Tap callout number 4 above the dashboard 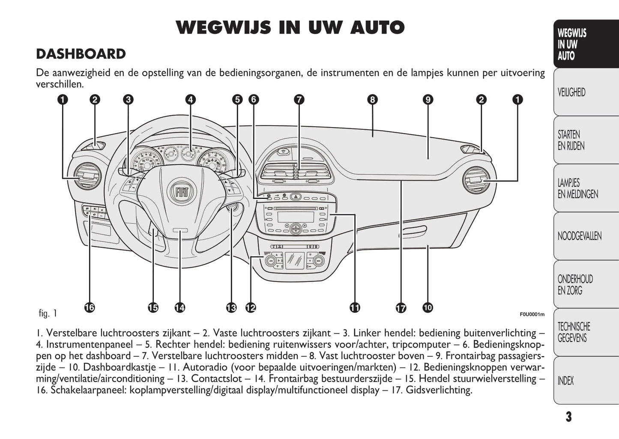click(190, 100)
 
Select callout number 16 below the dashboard click(89, 307)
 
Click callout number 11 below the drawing click(355, 307)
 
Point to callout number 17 click(401, 308)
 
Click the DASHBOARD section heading click(81, 54)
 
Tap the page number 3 click(568, 417)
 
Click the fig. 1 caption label click(48, 313)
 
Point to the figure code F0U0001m click(532, 314)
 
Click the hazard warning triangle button click(296, 197)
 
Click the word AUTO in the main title click(377, 27)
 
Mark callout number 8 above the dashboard click(372, 100)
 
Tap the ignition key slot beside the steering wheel click(232, 209)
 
